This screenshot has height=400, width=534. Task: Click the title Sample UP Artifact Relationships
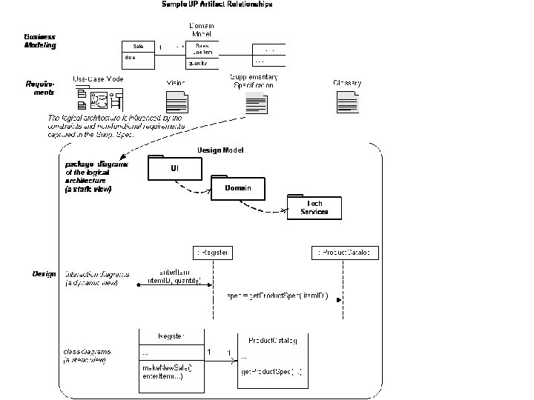point(217,4)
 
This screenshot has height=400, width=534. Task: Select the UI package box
point(174,169)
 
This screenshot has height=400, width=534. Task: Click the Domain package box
point(238,189)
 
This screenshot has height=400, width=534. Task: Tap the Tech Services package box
point(314,207)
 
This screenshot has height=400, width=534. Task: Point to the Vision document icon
point(176,101)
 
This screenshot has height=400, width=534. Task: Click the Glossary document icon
point(346,101)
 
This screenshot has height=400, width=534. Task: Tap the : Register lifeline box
point(212,253)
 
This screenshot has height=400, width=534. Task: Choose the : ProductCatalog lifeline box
point(344,253)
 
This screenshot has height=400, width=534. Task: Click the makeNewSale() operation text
point(167,368)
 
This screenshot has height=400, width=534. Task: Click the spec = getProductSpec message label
point(277,296)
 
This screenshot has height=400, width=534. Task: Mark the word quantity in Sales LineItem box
point(198,64)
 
